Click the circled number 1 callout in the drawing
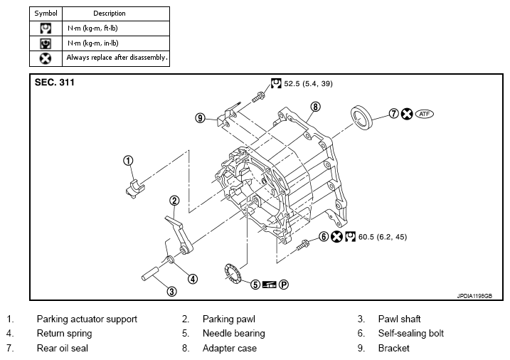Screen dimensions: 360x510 128,160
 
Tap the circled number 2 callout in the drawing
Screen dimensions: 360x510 174,201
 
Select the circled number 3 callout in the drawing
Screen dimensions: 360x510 171,290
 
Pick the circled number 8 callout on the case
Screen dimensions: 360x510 316,107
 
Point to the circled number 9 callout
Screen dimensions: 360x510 201,118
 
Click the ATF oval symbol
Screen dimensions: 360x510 425,113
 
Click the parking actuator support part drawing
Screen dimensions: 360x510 135,189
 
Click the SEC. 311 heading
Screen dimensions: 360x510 55,83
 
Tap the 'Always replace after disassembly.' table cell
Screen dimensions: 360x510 117,57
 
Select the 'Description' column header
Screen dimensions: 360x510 110,14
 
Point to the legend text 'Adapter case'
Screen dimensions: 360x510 229,349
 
